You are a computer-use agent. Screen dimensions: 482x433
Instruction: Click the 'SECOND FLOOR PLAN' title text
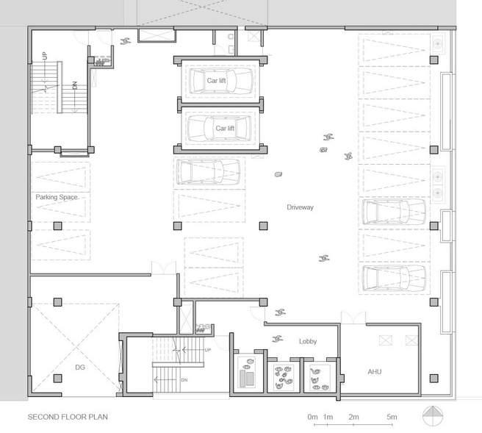pos(68,417)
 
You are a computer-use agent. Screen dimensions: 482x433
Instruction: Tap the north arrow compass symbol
pos(433,416)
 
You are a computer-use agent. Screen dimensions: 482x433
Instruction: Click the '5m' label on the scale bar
pos(392,417)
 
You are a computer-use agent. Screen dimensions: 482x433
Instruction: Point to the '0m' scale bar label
pos(312,417)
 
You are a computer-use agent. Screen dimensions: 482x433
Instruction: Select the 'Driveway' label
pos(300,207)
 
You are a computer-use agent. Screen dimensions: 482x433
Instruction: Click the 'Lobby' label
pos(308,341)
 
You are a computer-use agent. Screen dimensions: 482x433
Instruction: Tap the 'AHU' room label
pos(375,372)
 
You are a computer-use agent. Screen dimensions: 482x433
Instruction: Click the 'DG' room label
pos(80,367)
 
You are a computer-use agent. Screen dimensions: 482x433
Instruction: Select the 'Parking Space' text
pos(57,197)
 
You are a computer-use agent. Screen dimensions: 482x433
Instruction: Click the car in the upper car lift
pos(221,81)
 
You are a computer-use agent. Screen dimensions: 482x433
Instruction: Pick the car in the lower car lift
pos(219,128)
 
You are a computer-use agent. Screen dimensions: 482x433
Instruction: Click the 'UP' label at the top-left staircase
pos(46,56)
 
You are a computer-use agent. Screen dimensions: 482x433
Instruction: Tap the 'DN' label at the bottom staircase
pos(184,380)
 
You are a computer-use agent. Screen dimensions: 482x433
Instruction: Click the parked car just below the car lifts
pos(209,172)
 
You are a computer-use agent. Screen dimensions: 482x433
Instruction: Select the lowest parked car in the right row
pos(395,278)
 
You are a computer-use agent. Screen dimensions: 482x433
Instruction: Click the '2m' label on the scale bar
pos(353,417)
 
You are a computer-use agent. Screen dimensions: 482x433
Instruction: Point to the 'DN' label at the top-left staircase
pos(75,85)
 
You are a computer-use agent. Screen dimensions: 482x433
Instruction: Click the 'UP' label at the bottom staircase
pos(208,350)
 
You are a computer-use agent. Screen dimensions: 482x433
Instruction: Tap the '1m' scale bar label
pos(328,417)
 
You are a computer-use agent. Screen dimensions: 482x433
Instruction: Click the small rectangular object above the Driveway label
pos(278,174)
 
